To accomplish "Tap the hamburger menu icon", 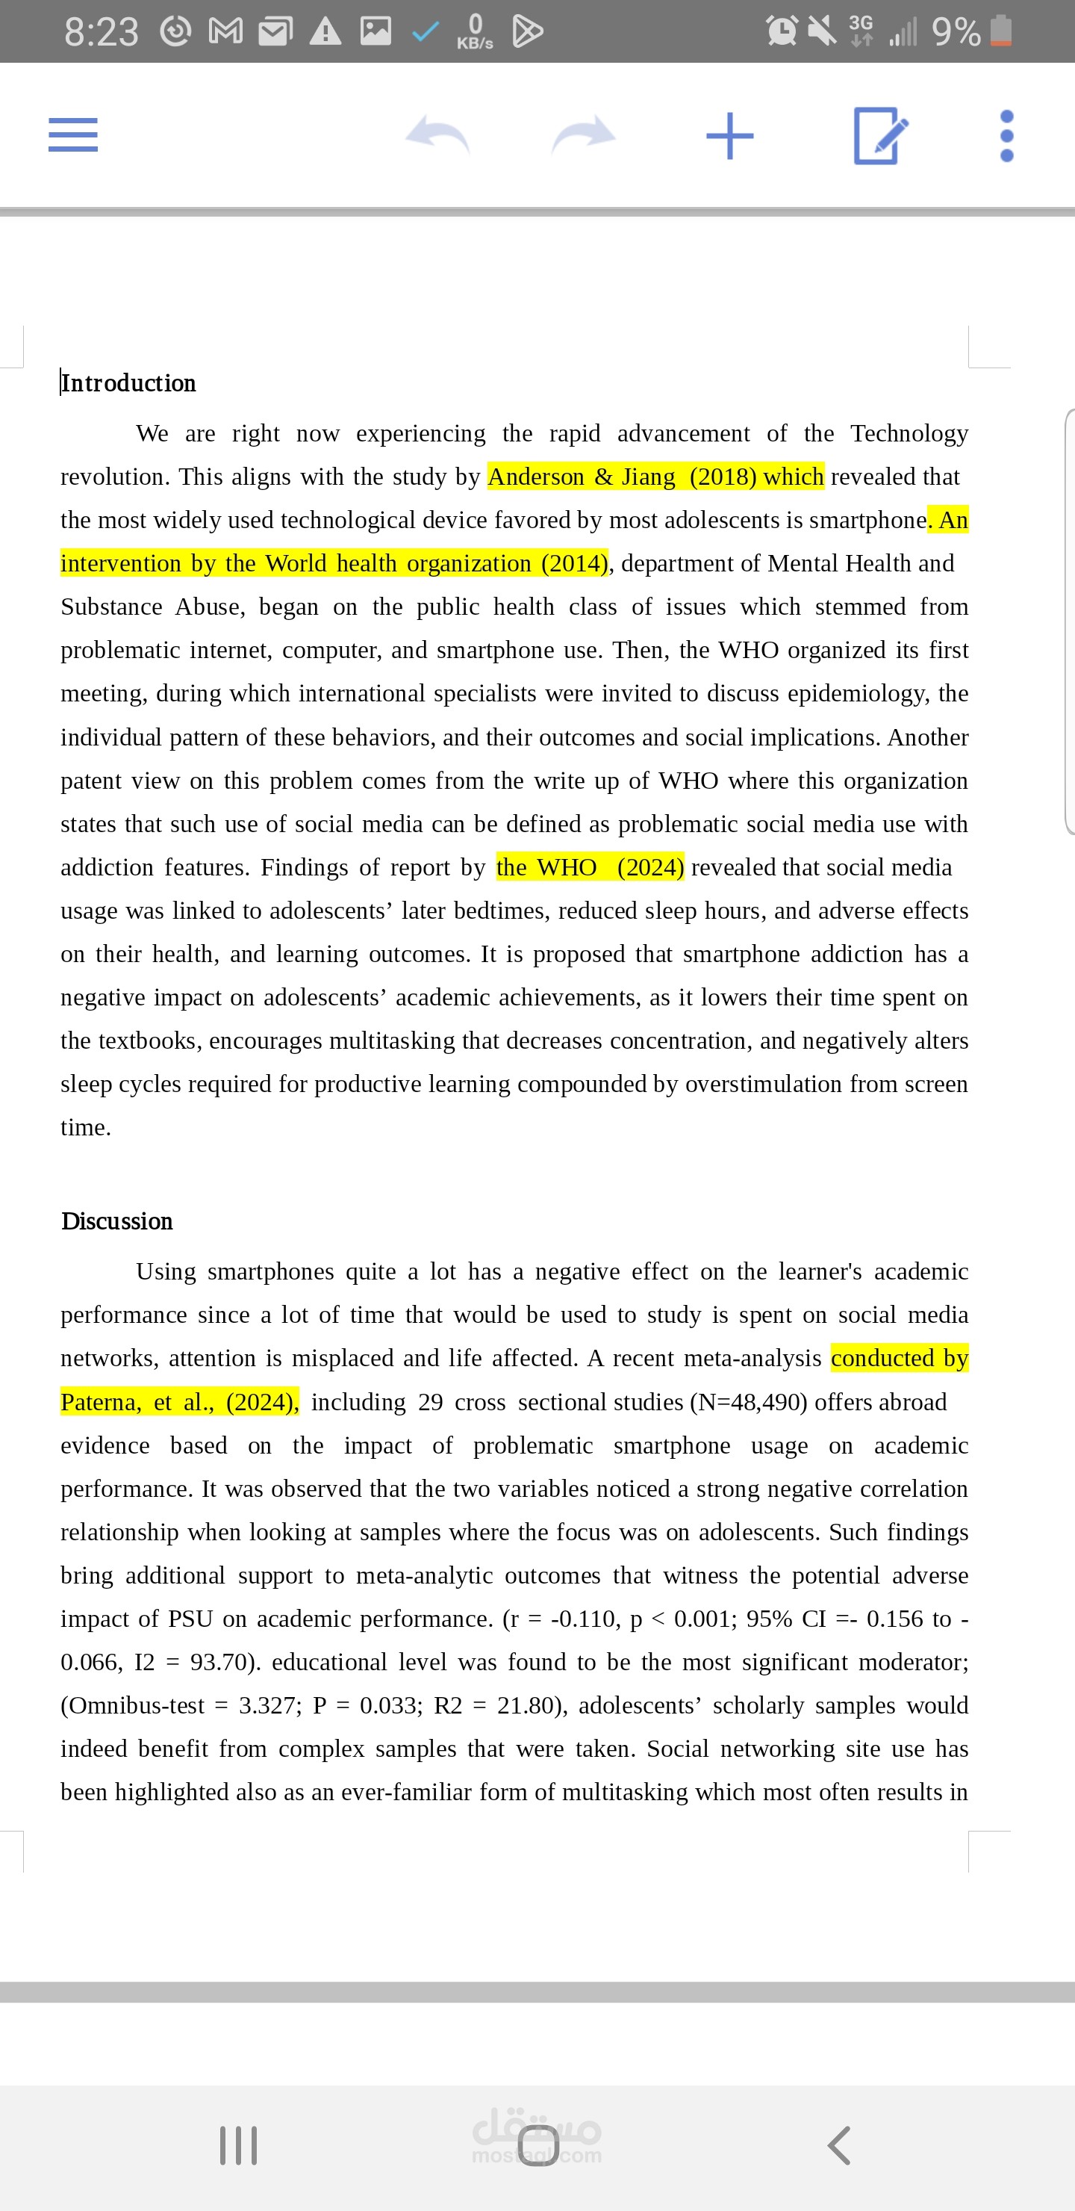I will [x=73, y=134].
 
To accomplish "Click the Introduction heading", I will [x=128, y=382].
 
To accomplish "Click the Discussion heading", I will [x=117, y=1221].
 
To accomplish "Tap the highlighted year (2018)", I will [x=723, y=477].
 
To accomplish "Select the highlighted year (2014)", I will [x=574, y=563].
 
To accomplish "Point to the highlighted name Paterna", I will [x=100, y=1401].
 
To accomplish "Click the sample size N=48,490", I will [x=748, y=1401].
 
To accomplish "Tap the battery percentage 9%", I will [x=956, y=32].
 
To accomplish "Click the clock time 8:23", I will [x=100, y=32].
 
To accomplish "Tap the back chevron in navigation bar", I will [x=838, y=2145].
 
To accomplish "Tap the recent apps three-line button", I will [x=238, y=2145].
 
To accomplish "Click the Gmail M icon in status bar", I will [x=225, y=32].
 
